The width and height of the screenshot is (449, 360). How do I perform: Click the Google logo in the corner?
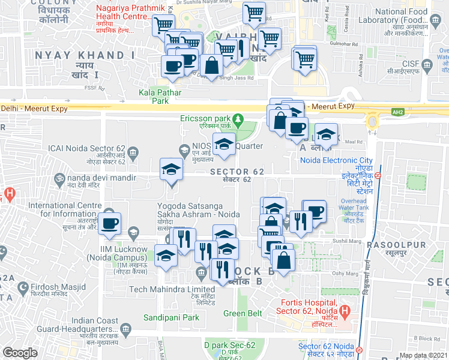(x=20, y=353)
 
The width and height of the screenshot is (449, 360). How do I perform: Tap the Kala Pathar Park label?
(x=153, y=97)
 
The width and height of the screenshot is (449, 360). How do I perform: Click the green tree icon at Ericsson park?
(x=238, y=118)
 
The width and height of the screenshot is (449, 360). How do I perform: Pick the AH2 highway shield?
(x=397, y=112)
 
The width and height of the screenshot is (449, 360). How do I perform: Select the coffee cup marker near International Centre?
(x=109, y=224)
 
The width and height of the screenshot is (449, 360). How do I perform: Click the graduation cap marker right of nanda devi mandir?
(x=171, y=170)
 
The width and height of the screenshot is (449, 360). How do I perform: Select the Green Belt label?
(x=243, y=313)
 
